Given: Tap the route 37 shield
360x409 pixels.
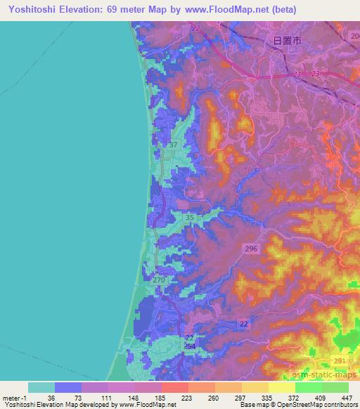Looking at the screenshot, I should click(174, 145).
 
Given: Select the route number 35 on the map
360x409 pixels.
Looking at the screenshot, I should click(189, 219).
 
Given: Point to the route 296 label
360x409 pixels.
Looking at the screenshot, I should click(251, 249).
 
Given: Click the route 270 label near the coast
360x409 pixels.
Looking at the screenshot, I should click(159, 280).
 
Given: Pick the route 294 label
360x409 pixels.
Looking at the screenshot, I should click(188, 347).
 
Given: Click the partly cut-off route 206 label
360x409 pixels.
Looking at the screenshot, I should click(354, 34).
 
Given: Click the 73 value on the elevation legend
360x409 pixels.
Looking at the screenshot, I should click(69, 397).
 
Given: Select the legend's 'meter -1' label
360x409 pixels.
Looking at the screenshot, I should click(15, 397).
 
